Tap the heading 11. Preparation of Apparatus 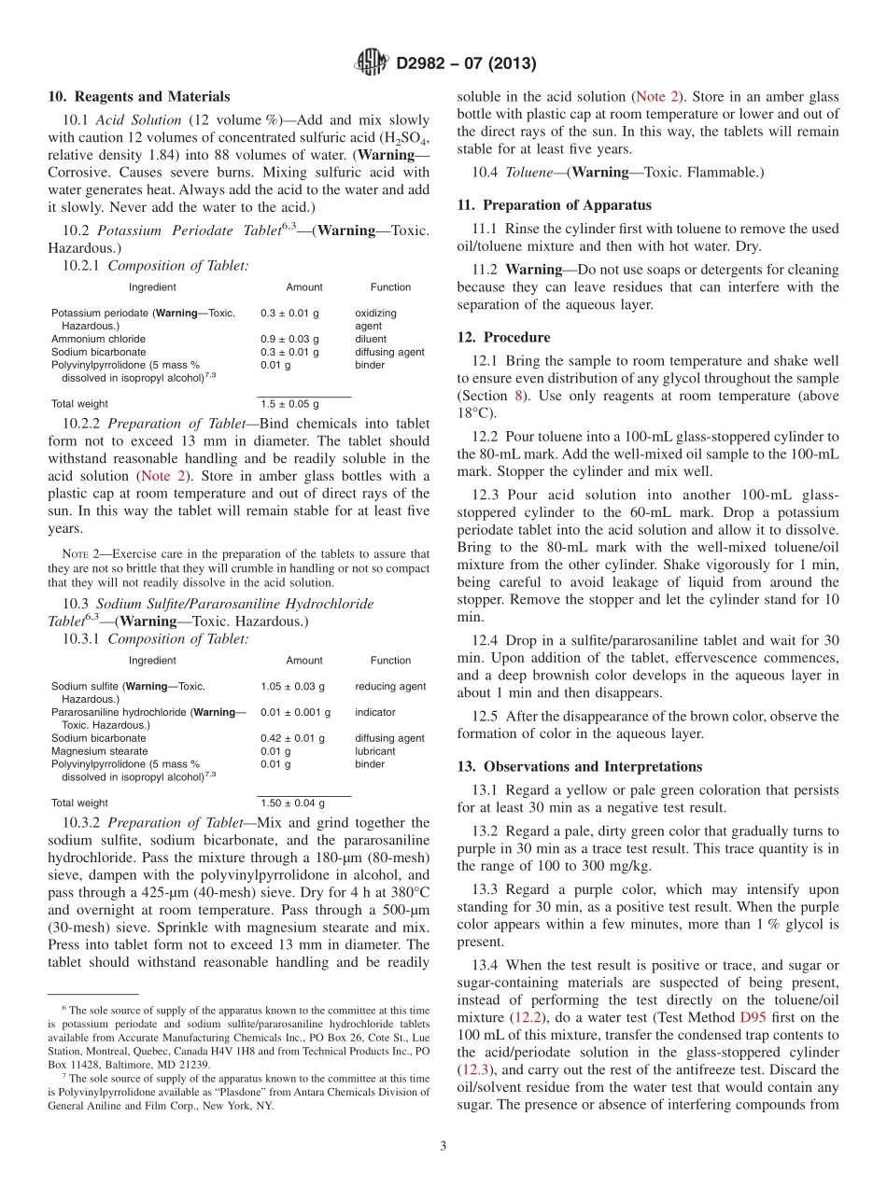(555, 205)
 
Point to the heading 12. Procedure (503, 337)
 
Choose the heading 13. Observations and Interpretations (579, 766)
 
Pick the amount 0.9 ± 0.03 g (289, 339)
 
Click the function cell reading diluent (371, 339)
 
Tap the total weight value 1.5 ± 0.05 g (289, 404)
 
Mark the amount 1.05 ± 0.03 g (292, 686)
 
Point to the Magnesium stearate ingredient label (99, 751)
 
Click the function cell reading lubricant (375, 751)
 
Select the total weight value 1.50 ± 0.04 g (292, 803)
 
